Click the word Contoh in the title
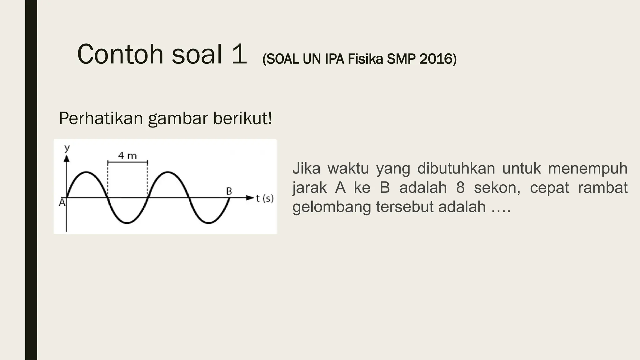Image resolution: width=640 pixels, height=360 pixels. [x=120, y=54]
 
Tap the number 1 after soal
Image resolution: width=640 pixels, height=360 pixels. [x=239, y=54]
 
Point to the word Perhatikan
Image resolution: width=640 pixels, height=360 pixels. [x=101, y=118]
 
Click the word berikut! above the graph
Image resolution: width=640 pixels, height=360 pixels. [x=242, y=118]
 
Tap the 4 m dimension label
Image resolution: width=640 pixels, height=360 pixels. [x=127, y=156]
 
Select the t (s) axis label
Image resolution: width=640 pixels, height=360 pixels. [x=265, y=198]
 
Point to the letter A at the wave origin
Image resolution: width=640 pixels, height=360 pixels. [x=62, y=203]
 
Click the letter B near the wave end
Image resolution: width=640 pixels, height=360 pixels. [x=229, y=191]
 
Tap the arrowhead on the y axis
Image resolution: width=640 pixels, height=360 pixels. [x=66, y=158]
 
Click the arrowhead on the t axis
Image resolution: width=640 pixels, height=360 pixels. [x=250, y=198]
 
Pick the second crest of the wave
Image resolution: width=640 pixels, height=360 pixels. [x=168, y=172]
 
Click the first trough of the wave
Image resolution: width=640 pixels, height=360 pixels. [x=127, y=223]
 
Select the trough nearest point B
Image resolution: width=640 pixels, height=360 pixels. [x=209, y=223]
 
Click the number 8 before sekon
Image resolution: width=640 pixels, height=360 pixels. [x=460, y=188]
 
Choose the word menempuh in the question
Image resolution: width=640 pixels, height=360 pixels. [x=587, y=168]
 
